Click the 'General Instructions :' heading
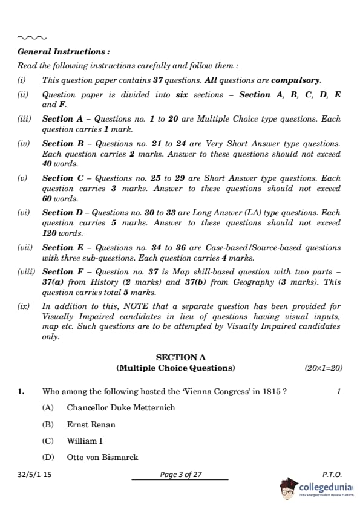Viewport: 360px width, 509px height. point(64,53)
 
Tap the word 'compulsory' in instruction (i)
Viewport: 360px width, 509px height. point(296,80)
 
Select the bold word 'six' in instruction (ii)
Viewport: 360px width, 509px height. point(182,95)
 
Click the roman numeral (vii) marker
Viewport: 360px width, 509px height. point(27,248)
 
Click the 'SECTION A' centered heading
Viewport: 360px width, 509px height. point(180,357)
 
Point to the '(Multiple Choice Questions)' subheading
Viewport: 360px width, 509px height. point(175,368)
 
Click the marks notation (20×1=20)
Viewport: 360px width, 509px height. point(324,368)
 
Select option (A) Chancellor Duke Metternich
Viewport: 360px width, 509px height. point(120,408)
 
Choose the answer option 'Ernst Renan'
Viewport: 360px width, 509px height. point(91,424)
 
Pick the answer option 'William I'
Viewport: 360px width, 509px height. point(85,441)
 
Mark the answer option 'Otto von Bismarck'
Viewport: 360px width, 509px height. point(102,458)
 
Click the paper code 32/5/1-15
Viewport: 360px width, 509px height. point(34,475)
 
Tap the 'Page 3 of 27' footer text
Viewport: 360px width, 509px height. point(180,475)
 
